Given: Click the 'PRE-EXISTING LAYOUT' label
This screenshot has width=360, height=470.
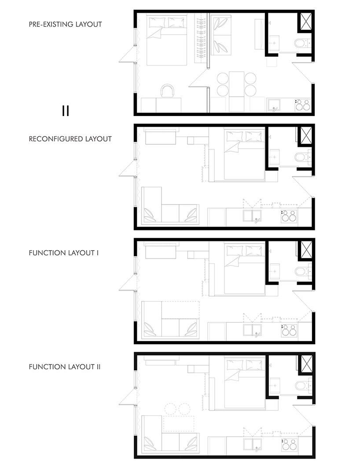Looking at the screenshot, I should (x=65, y=24).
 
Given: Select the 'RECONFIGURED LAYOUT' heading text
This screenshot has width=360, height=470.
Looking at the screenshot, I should (x=70, y=138).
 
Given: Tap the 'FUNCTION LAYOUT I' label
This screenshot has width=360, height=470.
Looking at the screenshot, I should (x=63, y=253).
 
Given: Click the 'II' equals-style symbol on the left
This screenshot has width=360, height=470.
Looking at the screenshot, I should (x=66, y=110).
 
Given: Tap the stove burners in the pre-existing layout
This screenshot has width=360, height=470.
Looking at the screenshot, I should (x=303, y=105).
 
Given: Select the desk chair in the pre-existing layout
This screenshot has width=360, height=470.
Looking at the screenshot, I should (x=168, y=91).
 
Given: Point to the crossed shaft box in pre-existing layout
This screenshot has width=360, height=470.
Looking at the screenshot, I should (x=305, y=22).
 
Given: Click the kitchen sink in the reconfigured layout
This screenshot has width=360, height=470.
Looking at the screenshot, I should (x=253, y=216).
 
